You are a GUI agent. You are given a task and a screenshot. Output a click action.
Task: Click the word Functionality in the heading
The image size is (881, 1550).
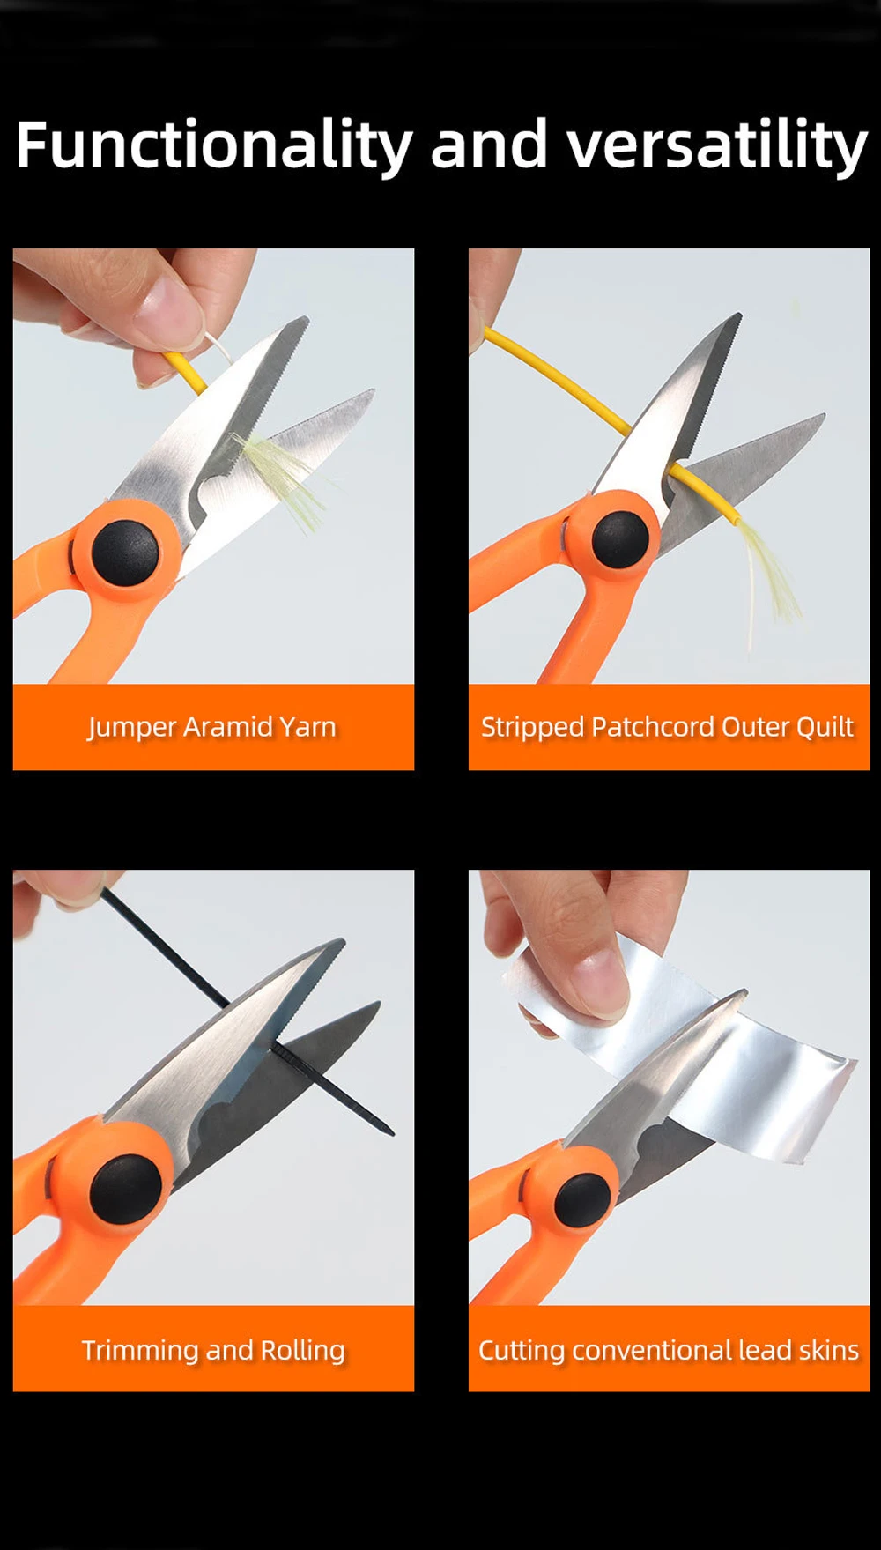point(214,145)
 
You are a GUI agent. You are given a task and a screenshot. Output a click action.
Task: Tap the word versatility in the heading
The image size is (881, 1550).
point(717,145)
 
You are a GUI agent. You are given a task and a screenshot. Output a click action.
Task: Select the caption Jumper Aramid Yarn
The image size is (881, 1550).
point(212,728)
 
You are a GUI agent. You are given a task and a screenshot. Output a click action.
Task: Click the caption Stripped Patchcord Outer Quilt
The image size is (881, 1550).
point(668,727)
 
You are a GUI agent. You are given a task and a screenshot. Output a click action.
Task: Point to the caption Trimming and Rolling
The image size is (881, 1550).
point(213,1350)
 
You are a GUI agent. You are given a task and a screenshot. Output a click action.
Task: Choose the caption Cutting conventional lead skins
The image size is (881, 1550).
point(669,1350)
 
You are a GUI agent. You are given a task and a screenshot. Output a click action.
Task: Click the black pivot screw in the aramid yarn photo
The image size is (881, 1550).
point(125,553)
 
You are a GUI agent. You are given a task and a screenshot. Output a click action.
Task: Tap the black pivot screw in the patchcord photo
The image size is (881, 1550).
point(620,539)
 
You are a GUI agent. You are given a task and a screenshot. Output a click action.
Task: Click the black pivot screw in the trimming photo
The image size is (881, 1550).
point(125,1189)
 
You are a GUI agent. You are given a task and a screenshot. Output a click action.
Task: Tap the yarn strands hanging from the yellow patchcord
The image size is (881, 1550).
point(771,577)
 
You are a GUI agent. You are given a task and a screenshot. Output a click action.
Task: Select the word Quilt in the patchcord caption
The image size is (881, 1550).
point(825,727)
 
